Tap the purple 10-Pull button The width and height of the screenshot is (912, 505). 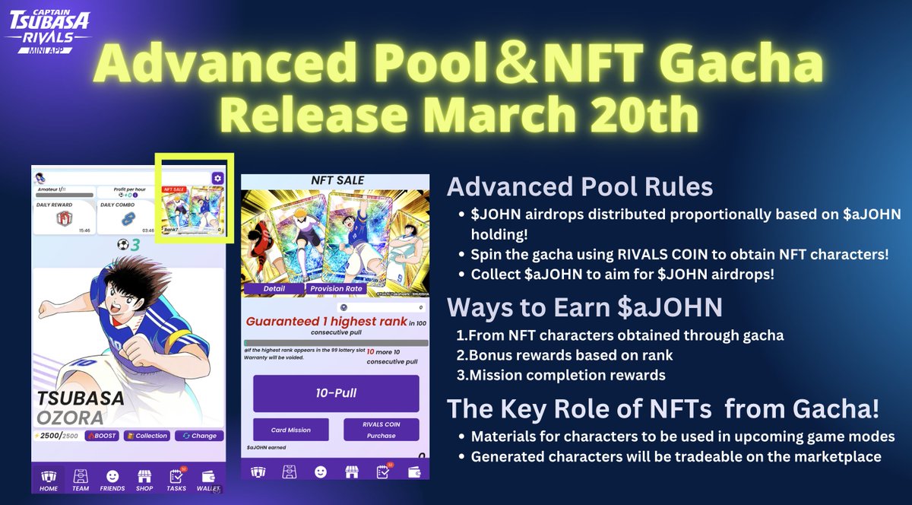(336, 393)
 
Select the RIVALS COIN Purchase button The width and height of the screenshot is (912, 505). (381, 430)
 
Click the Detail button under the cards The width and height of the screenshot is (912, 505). (274, 289)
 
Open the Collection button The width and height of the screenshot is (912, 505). (147, 436)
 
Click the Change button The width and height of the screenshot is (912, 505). (198, 436)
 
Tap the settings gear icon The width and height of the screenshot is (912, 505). (217, 178)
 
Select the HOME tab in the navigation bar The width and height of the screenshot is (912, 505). (48, 479)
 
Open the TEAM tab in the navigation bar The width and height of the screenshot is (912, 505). (81, 479)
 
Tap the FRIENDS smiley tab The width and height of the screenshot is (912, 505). (112, 479)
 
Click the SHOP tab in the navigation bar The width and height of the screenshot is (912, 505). (144, 479)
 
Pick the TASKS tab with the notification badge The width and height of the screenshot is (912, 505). (176, 479)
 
